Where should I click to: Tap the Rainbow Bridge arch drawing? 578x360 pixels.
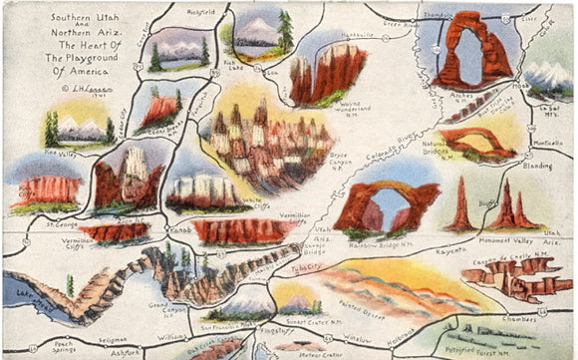(x=387, y=203)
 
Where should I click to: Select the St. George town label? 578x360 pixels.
(x=62, y=224)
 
